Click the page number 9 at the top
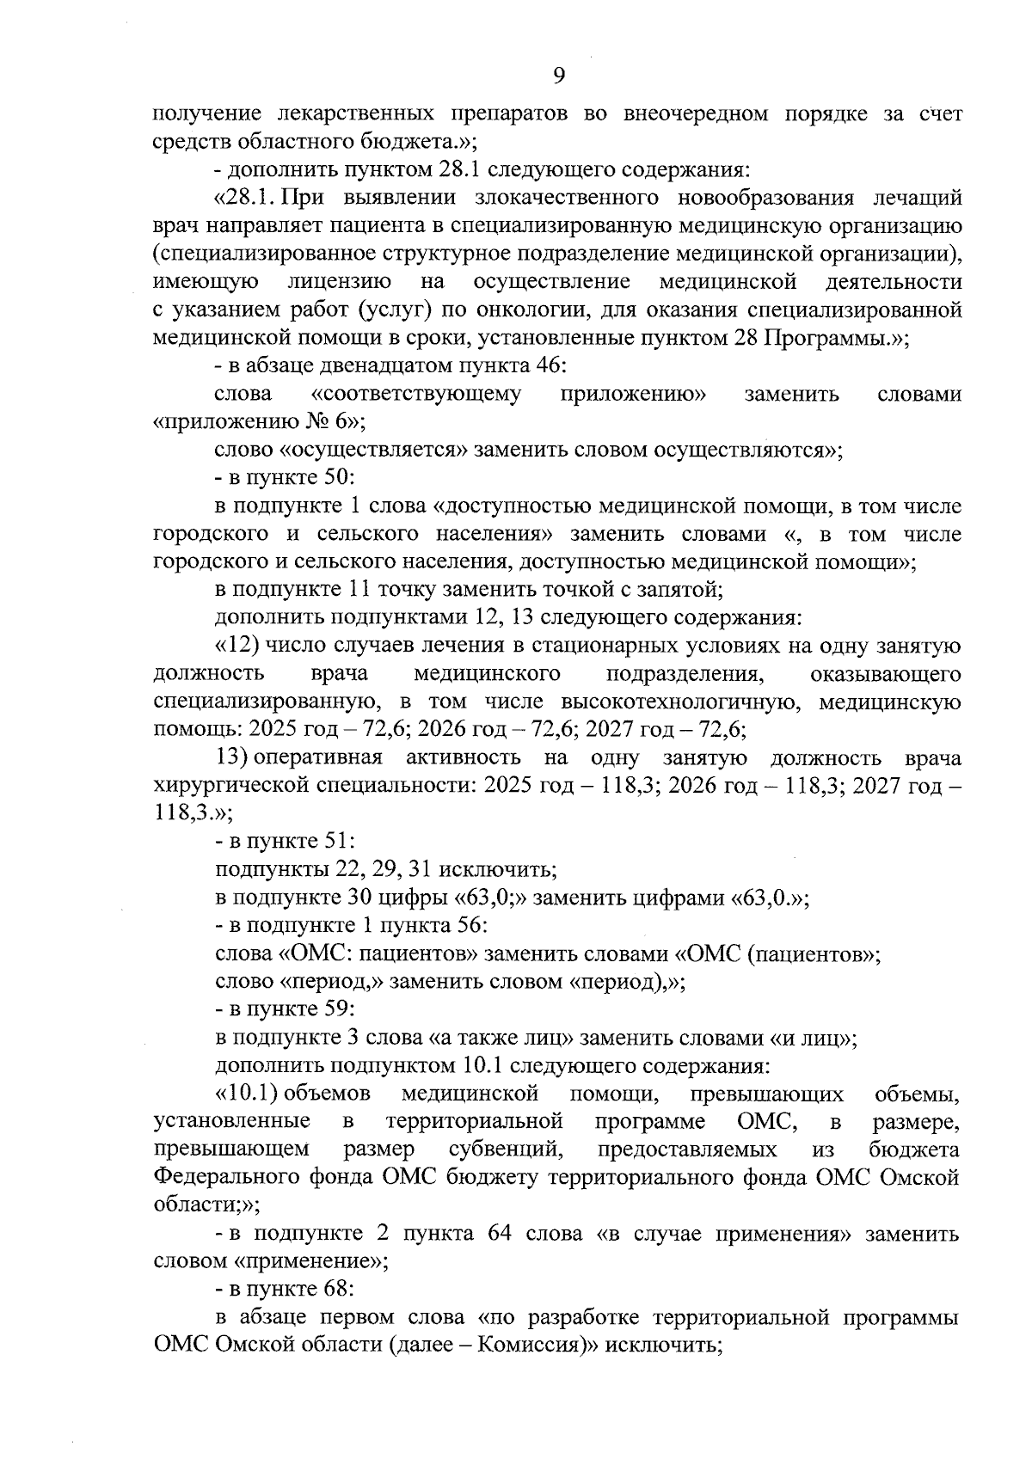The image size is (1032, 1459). pos(558,77)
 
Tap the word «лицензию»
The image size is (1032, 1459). pos(340,282)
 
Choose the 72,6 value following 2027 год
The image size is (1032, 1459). pos(723,730)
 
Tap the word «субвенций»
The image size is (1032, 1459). pos(503,1149)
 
